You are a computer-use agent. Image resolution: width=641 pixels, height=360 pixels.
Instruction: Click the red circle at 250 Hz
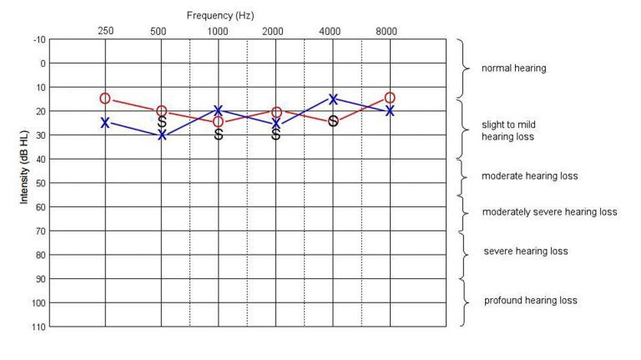(x=105, y=99)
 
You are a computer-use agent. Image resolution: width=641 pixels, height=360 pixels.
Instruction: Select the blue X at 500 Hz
(x=162, y=134)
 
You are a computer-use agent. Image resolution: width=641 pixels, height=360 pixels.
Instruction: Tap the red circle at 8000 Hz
(x=390, y=99)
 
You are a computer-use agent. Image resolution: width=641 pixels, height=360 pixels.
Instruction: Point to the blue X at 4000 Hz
(x=333, y=99)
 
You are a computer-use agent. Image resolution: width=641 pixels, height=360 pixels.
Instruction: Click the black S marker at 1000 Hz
(x=219, y=134)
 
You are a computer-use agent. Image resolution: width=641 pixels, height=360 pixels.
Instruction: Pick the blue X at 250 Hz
(x=105, y=123)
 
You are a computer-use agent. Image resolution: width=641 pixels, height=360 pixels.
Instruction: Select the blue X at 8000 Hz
(x=390, y=110)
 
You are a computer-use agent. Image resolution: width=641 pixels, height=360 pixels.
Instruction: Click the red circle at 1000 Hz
(x=219, y=122)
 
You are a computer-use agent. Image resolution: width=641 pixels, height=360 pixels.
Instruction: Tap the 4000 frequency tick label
(x=331, y=31)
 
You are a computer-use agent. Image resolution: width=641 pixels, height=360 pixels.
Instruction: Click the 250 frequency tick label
(x=105, y=31)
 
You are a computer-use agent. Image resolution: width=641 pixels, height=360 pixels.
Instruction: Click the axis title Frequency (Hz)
(x=221, y=15)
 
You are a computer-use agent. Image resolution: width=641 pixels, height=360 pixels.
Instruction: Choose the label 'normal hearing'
(x=514, y=68)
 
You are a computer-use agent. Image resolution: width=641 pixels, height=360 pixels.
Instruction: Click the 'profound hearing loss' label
(x=531, y=301)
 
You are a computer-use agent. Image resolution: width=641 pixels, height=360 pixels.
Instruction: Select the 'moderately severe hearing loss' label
(x=549, y=212)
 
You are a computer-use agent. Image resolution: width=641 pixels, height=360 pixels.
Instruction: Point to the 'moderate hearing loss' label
(x=530, y=177)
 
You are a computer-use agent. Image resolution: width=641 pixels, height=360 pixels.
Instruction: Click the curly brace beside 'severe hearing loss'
(x=462, y=255)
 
